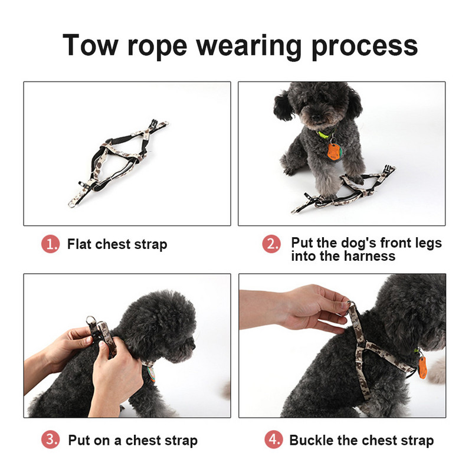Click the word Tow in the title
(90, 45)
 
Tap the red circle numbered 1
(50, 244)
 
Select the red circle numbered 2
(271, 244)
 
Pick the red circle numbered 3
(50, 440)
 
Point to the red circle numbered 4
(274, 440)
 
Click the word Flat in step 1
(79, 244)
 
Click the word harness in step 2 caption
(369, 256)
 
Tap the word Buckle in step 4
(312, 440)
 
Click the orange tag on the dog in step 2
(334, 152)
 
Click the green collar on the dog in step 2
(325, 133)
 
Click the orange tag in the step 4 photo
(422, 367)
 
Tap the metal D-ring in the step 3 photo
(90, 321)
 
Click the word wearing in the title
(249, 47)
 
